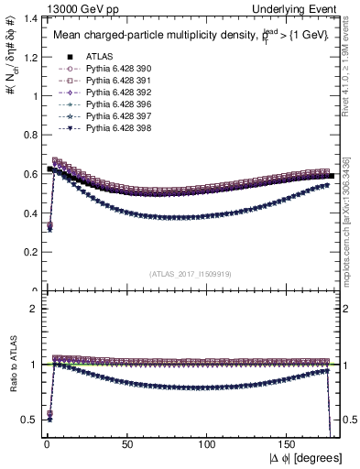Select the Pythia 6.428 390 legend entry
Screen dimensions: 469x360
[115, 69]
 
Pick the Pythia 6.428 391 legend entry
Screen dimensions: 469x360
[115, 82]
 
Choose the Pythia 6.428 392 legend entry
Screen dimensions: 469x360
[115, 94]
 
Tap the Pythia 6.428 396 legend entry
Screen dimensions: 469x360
[115, 107]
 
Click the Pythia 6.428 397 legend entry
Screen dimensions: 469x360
[115, 120]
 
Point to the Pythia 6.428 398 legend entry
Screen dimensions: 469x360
[115, 133]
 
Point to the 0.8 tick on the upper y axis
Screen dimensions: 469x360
[27, 135]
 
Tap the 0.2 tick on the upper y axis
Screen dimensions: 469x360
[27, 253]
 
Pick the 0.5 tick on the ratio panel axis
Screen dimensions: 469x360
[27, 420]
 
